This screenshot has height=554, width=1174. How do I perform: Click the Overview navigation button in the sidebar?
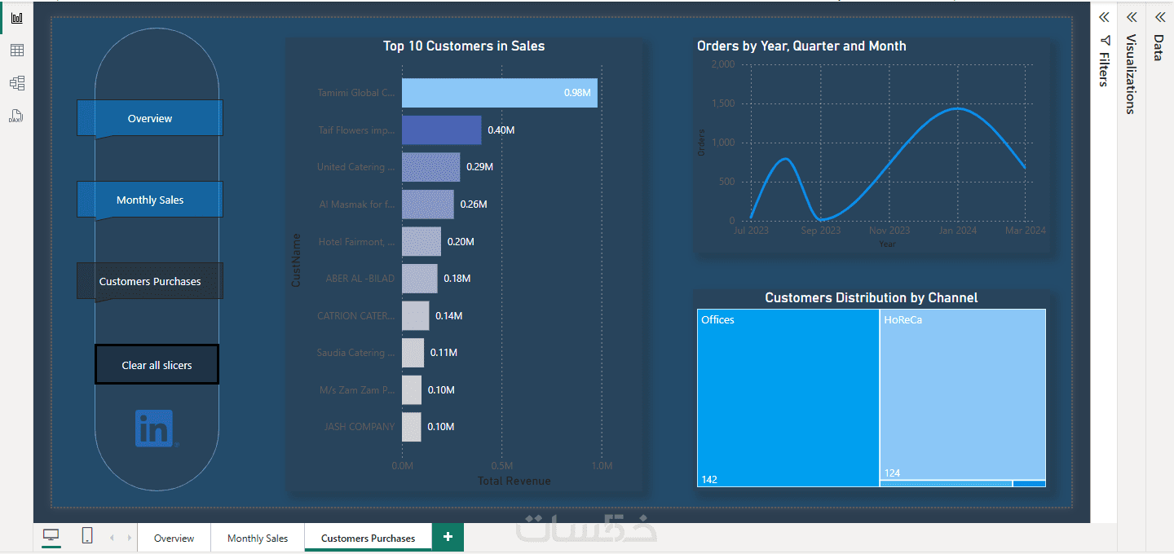[x=149, y=118]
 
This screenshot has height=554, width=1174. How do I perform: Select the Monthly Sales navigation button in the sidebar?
[x=149, y=200]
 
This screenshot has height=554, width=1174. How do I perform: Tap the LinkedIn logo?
[x=155, y=428]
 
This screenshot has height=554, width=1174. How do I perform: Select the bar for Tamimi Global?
[x=499, y=93]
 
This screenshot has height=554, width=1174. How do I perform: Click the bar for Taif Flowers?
[x=441, y=130]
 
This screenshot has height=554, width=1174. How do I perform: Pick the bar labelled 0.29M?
[x=430, y=167]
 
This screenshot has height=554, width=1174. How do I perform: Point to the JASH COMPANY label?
[x=359, y=427]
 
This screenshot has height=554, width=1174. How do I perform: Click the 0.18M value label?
[x=457, y=279]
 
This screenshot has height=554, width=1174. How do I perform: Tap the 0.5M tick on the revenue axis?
[x=501, y=466]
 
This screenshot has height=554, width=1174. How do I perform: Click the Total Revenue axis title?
[x=514, y=481]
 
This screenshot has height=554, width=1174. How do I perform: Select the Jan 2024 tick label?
[x=957, y=231]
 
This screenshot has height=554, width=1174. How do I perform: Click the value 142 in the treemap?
[x=709, y=480]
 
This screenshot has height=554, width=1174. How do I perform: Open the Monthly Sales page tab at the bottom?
[x=258, y=539]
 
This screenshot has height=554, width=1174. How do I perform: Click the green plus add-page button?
[x=448, y=537]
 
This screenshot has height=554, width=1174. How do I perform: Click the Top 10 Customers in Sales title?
[x=464, y=46]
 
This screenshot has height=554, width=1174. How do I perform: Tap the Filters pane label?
[x=1104, y=69]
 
